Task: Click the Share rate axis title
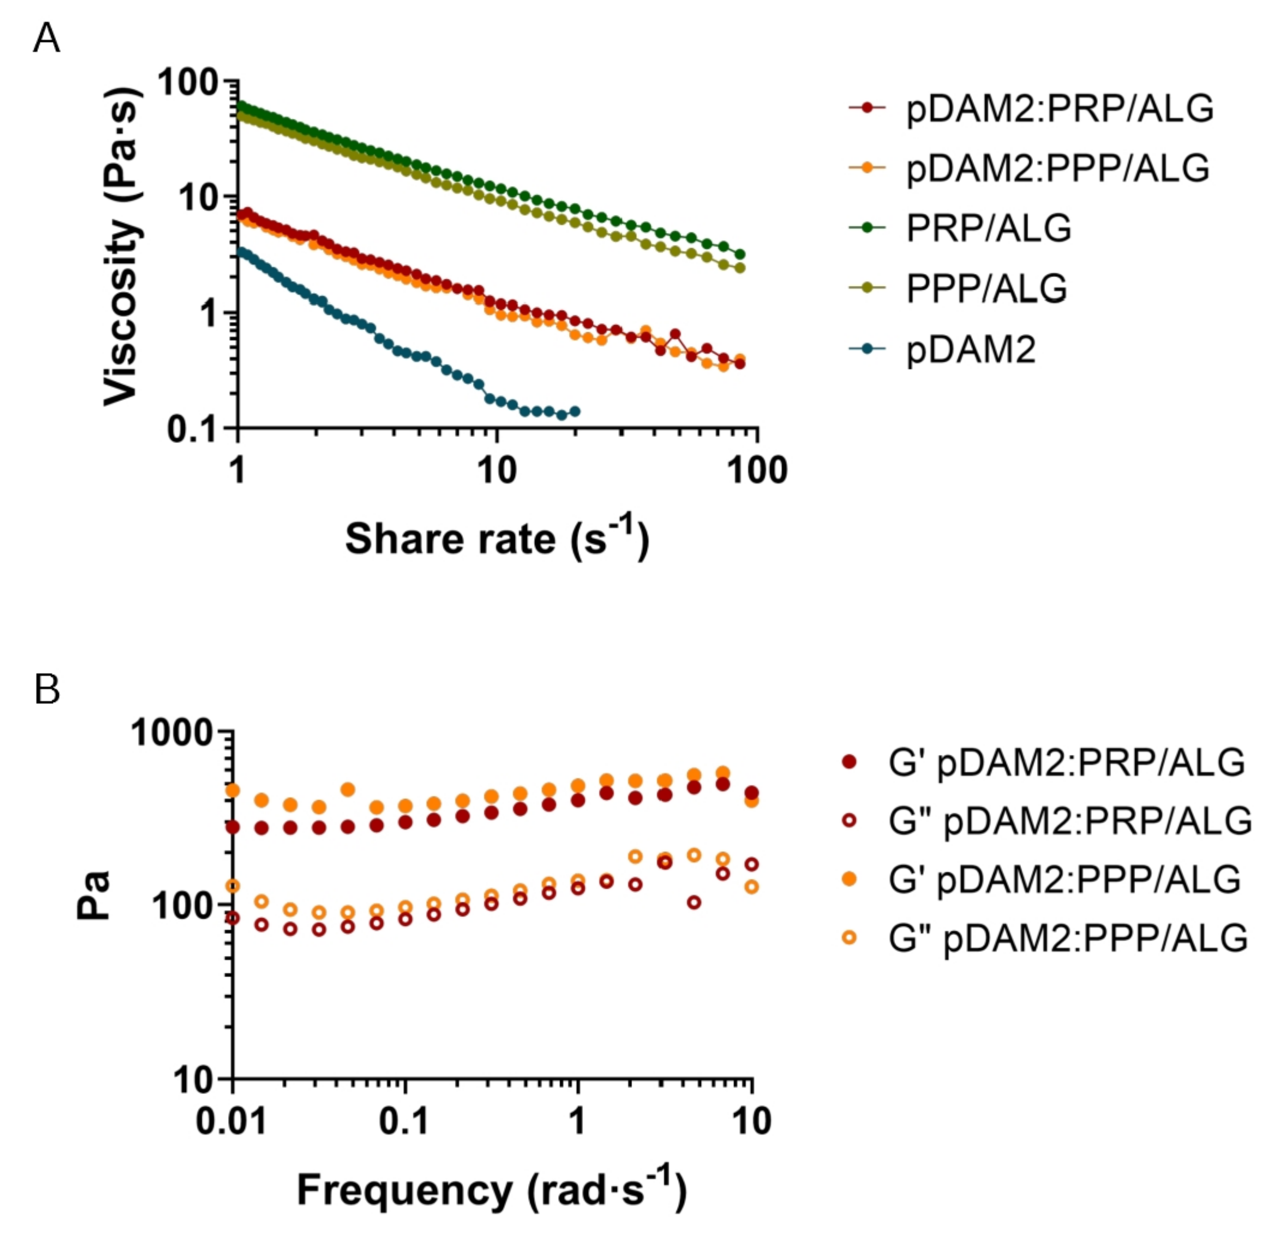click(497, 539)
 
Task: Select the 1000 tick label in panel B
click(173, 734)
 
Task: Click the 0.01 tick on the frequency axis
click(232, 1121)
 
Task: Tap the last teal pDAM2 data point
click(575, 411)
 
